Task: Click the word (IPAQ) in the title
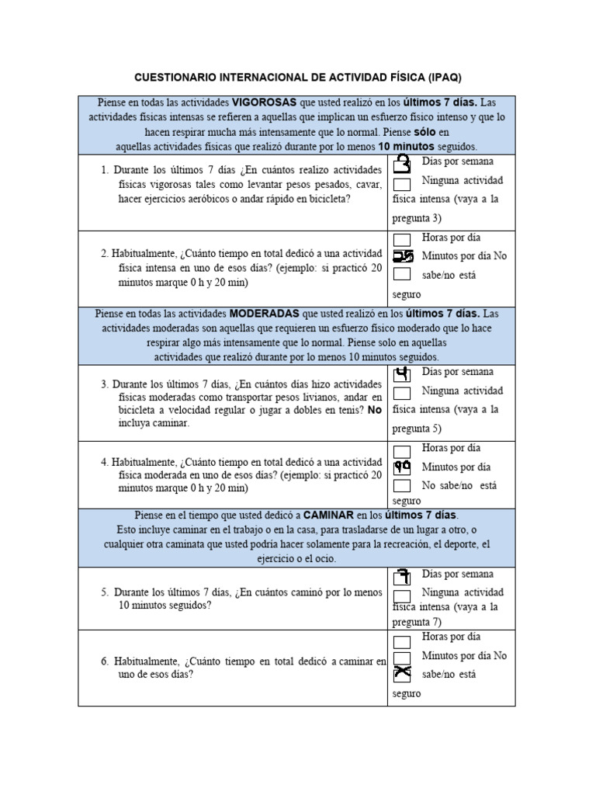click(443, 78)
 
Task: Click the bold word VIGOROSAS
click(264, 102)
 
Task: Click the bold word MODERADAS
click(265, 314)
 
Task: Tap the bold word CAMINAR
click(328, 515)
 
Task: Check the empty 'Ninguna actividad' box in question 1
click(402, 184)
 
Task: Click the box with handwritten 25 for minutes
click(403, 256)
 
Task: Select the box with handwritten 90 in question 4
click(402, 467)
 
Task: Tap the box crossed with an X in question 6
click(402, 673)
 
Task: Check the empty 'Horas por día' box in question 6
click(402, 641)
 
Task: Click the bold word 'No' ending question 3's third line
click(375, 409)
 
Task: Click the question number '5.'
click(105, 592)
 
